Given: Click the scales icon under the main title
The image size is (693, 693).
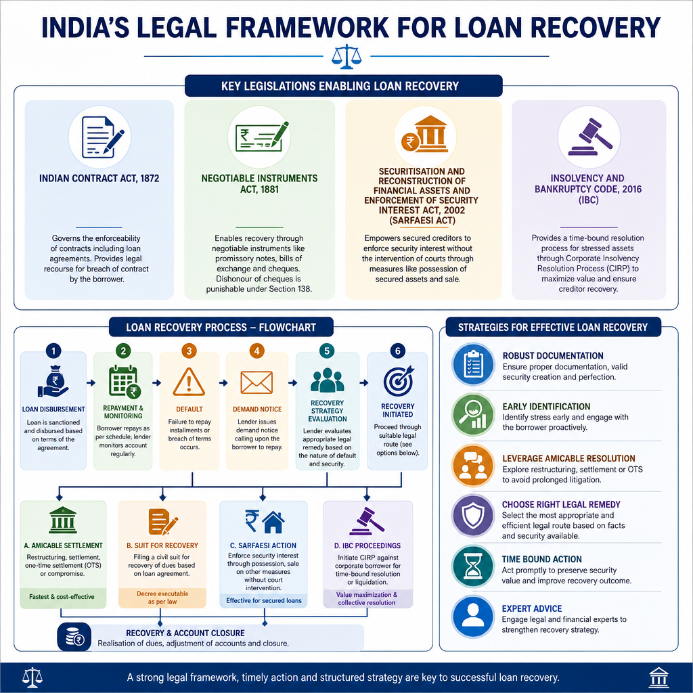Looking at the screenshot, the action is pyautogui.click(x=346, y=56).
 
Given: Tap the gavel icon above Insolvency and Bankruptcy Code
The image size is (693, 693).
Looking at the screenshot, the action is pyautogui.click(x=589, y=137).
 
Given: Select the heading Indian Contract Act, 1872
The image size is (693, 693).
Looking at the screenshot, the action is pyautogui.click(x=99, y=179).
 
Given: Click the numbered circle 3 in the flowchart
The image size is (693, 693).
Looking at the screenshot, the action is pyautogui.click(x=189, y=351).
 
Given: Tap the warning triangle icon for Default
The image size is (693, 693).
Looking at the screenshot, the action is pyautogui.click(x=189, y=382).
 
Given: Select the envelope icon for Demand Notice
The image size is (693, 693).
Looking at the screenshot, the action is pyautogui.click(x=256, y=382).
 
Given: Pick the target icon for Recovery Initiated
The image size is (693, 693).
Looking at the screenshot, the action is pyautogui.click(x=398, y=381).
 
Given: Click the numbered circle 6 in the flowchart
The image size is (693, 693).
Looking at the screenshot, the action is pyautogui.click(x=398, y=351).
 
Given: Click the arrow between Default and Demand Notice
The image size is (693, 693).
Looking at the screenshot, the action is pyautogui.click(x=223, y=383).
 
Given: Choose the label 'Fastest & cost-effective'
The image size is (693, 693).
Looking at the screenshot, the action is pyautogui.click(x=62, y=597).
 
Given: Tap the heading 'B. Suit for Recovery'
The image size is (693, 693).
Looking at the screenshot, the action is pyautogui.click(x=162, y=546).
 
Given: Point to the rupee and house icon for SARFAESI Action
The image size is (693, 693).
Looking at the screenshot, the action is pyautogui.click(x=265, y=522).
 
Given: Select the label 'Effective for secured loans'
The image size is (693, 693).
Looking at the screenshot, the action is pyautogui.click(x=264, y=601).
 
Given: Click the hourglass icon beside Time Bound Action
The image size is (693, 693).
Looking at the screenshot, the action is pyautogui.click(x=472, y=567).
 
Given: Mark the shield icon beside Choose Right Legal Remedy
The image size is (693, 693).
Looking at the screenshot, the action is pyautogui.click(x=473, y=516).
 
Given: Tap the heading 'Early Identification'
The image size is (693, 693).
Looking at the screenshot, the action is pyautogui.click(x=546, y=407).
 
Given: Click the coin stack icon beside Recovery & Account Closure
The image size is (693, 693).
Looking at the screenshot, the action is pyautogui.click(x=74, y=638).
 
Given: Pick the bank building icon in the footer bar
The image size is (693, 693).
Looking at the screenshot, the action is pyautogui.click(x=658, y=677).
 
